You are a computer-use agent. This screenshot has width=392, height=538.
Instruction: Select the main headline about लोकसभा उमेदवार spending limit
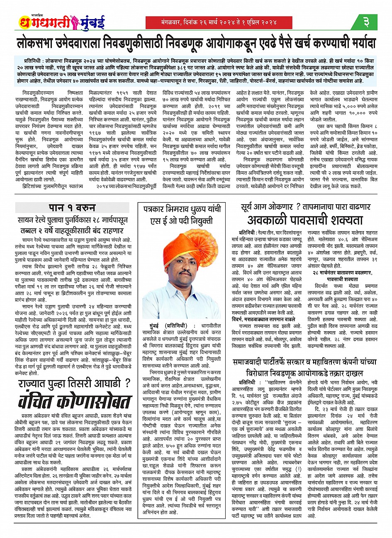196,43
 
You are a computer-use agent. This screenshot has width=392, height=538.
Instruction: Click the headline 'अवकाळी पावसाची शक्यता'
299,220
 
